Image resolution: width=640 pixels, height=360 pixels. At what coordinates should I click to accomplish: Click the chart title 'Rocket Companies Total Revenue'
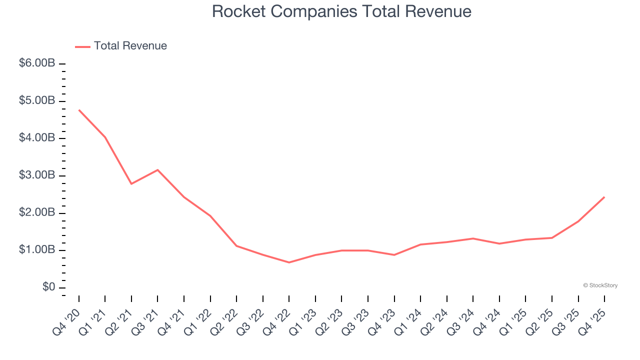(x=341, y=11)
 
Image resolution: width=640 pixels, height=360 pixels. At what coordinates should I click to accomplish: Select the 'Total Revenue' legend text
(x=130, y=46)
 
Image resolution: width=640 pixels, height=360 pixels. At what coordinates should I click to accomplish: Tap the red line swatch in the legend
(x=82, y=46)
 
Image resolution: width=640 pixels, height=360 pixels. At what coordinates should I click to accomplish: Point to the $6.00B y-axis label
(x=36, y=63)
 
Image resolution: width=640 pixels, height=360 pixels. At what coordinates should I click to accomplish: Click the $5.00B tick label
(x=36, y=101)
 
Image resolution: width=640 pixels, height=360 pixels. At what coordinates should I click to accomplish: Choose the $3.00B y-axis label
(x=36, y=175)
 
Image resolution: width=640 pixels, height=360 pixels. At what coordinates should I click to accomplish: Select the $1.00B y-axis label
(x=36, y=250)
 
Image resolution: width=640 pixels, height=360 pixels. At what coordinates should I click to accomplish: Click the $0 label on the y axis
(x=48, y=287)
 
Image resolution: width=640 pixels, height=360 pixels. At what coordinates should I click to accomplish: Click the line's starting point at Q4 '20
(x=79, y=110)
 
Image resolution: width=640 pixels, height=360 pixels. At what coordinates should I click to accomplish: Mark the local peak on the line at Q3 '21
(x=158, y=170)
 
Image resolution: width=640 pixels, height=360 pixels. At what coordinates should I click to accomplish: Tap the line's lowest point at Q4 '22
(x=289, y=262)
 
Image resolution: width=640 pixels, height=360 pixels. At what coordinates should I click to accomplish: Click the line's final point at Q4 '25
(x=604, y=197)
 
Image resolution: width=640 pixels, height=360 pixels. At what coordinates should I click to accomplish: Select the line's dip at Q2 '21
(x=131, y=184)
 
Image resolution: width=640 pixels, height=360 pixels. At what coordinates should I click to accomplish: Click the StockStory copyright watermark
(x=600, y=285)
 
